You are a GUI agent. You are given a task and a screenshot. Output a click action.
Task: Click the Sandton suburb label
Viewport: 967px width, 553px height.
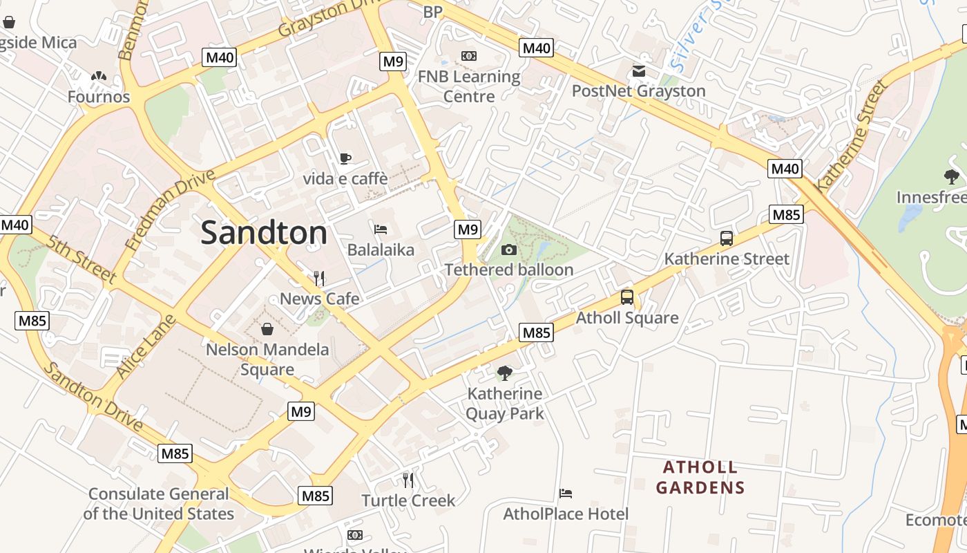pos(264,233)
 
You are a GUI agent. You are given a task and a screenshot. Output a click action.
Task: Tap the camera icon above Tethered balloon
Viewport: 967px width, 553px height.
pos(509,250)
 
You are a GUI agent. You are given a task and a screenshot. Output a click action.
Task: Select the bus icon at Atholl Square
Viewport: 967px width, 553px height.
pos(626,297)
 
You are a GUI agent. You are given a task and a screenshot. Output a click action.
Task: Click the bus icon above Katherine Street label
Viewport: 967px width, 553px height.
pos(726,238)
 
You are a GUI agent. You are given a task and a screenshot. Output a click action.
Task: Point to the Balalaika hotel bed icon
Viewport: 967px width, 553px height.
pos(380,229)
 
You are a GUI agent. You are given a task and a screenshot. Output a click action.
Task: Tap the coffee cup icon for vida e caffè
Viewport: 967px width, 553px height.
pos(345,158)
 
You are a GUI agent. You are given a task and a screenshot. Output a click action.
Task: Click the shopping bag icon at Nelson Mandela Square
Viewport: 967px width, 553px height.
pos(267,329)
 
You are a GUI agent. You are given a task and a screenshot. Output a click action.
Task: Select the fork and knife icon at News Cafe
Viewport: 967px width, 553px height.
pos(318,278)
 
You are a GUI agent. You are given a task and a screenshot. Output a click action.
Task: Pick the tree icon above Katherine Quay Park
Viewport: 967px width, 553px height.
pos(505,373)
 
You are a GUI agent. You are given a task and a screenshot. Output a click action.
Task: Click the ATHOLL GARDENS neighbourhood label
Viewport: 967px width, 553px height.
pos(700,477)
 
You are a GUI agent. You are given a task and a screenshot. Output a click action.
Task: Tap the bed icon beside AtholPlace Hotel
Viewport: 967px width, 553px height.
pos(566,494)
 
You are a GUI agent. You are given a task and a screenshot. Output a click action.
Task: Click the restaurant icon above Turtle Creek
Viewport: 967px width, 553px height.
pos(408,479)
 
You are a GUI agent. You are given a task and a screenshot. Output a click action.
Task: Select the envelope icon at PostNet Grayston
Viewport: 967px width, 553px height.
pos(638,71)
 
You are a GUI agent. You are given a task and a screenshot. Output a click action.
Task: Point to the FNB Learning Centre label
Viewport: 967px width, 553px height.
pos(469,86)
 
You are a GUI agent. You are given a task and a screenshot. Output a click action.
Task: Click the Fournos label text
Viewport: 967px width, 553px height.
pos(99,97)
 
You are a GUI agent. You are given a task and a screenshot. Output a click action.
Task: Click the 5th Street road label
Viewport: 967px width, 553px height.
pos(82,258)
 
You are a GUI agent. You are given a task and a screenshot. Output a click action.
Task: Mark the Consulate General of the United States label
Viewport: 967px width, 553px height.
pos(159,504)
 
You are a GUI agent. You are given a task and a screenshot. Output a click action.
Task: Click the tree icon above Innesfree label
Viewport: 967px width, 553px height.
pos(951,177)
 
